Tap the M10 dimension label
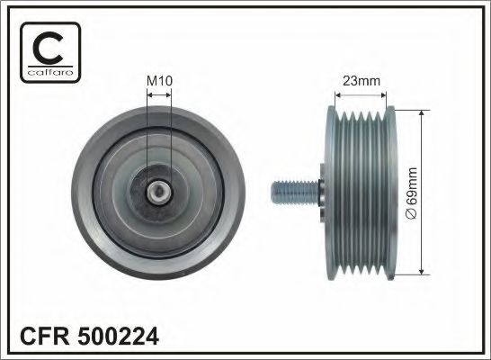(158, 81)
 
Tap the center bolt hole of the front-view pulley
(158, 190)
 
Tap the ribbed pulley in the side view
(363, 191)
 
